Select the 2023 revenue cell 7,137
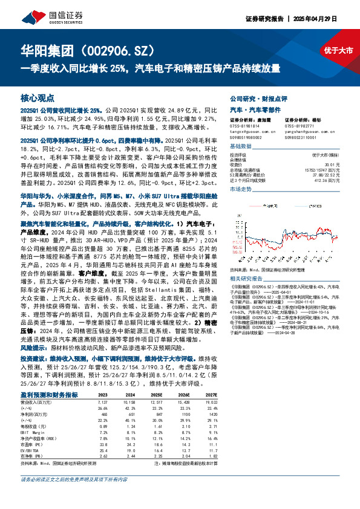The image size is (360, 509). click(102, 401)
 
